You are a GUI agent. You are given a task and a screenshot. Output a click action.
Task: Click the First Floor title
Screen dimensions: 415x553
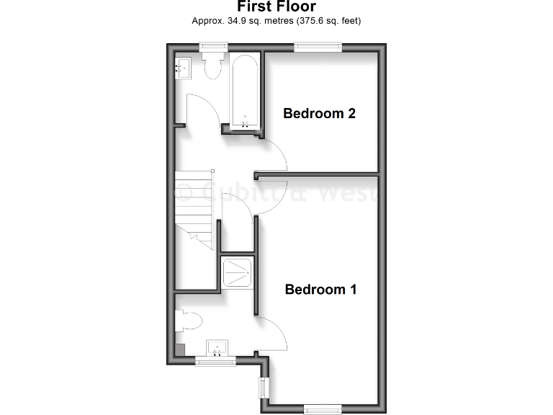pos(276,6)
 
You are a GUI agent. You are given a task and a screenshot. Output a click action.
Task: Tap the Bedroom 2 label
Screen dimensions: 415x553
pos(319,113)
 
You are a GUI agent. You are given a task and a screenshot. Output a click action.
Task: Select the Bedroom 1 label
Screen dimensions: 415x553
pos(321,290)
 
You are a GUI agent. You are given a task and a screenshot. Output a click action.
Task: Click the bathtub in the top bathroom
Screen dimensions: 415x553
pos(246,90)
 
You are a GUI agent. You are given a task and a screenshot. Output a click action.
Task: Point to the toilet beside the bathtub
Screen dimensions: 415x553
pos(213,66)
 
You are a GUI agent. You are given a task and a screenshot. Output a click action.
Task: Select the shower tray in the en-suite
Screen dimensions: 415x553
pos(237,272)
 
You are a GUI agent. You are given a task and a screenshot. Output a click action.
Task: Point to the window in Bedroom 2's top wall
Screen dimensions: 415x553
pos(318,47)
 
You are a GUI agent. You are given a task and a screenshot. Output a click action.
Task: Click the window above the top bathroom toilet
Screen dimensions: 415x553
pos(214,47)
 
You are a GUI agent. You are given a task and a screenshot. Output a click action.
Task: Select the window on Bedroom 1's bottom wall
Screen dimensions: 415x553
pos(322,409)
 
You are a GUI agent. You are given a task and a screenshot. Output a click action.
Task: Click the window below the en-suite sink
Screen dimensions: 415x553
pos(215,362)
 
